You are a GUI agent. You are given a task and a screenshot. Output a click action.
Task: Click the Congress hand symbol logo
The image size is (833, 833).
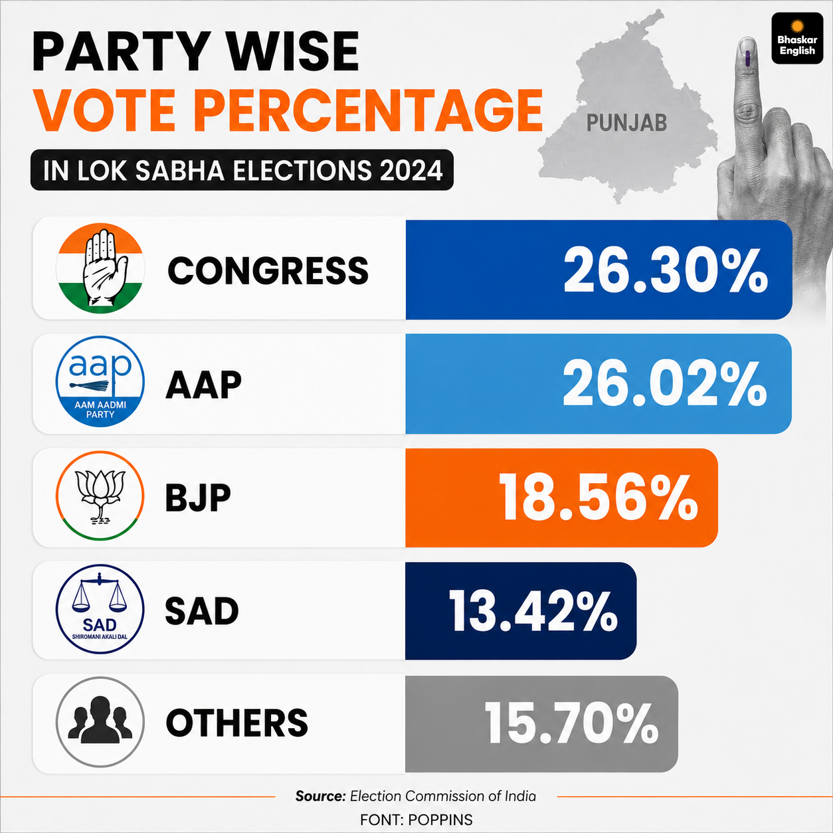point(100,268)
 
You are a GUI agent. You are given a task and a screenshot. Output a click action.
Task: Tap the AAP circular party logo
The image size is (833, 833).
point(100,382)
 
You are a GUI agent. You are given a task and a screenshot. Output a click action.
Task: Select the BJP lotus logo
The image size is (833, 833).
point(100,496)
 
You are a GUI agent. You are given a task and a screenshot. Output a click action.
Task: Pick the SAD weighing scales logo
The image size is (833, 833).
point(100,608)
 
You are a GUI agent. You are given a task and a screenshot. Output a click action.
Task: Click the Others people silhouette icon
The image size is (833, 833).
point(100,722)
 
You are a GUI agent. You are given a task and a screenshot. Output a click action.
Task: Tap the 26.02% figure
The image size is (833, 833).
point(665,385)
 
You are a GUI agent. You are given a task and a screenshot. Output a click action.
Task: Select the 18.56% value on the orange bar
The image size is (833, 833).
point(599,498)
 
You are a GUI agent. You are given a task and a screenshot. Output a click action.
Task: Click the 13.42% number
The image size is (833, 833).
point(533,611)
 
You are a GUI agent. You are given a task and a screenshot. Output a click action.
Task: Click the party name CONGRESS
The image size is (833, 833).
point(268,270)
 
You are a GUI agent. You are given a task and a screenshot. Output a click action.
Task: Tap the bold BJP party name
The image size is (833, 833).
point(198,498)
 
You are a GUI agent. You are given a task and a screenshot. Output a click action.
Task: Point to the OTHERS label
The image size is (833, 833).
point(237,723)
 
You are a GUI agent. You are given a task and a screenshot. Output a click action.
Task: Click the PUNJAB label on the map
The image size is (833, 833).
point(626,123)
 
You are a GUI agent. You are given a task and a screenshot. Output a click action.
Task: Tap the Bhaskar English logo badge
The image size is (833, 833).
point(797,38)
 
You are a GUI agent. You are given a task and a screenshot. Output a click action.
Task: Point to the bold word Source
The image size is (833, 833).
point(321,796)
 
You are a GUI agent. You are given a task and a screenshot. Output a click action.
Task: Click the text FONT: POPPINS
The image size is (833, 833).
point(416,820)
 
